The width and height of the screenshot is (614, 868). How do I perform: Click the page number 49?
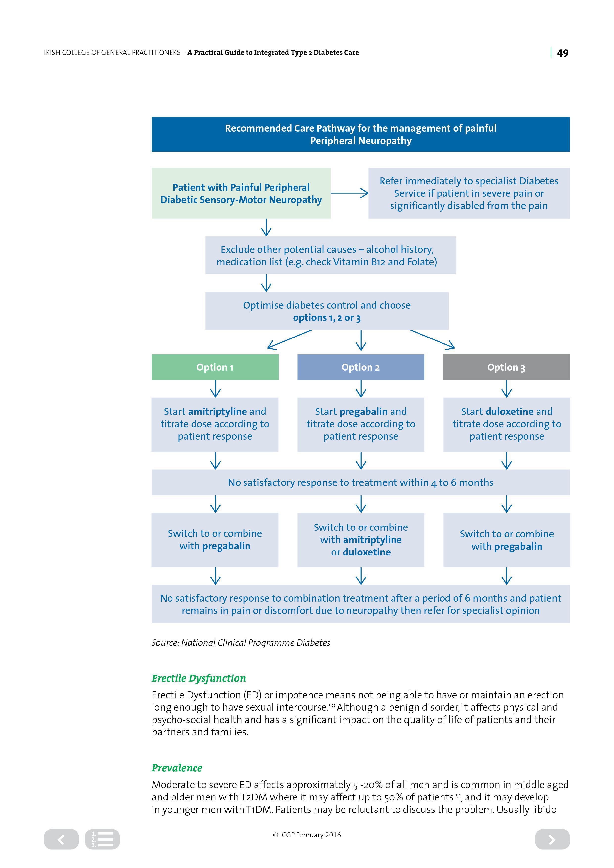(x=563, y=53)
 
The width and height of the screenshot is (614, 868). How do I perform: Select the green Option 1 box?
(x=215, y=367)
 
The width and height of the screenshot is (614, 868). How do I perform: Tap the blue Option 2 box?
(x=361, y=367)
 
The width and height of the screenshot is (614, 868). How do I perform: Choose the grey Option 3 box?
(x=507, y=367)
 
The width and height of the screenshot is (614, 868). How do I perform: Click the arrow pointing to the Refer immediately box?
(x=349, y=193)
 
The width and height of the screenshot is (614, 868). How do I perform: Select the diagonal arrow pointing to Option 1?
(x=289, y=339)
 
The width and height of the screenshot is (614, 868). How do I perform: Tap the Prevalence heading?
(x=177, y=768)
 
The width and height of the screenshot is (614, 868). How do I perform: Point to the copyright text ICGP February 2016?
(x=307, y=835)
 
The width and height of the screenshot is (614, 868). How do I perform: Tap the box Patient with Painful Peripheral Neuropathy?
(x=241, y=193)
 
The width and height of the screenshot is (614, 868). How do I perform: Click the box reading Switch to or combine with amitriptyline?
(x=361, y=540)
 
